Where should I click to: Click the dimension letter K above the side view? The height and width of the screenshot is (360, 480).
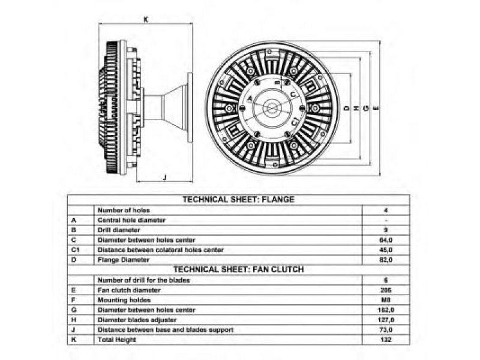(x=146, y=19)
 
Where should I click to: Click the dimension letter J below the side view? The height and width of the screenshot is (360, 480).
(x=164, y=176)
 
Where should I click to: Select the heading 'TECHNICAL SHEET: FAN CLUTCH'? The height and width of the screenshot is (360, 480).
(x=238, y=270)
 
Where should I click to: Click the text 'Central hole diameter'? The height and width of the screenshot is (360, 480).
(x=131, y=220)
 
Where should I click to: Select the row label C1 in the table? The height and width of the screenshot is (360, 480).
(x=75, y=250)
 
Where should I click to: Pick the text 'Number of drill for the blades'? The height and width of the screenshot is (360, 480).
(x=144, y=280)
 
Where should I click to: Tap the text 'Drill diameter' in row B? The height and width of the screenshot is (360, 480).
(x=119, y=230)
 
